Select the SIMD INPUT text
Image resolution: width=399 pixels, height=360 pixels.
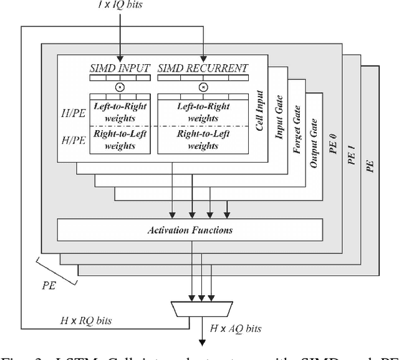[120, 67]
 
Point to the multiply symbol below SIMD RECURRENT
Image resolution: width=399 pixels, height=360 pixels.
[203, 87]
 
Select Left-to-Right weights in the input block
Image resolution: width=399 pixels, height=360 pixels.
[120, 111]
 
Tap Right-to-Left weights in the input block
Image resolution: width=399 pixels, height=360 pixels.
[120, 140]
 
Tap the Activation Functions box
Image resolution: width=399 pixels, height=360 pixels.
[190, 230]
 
